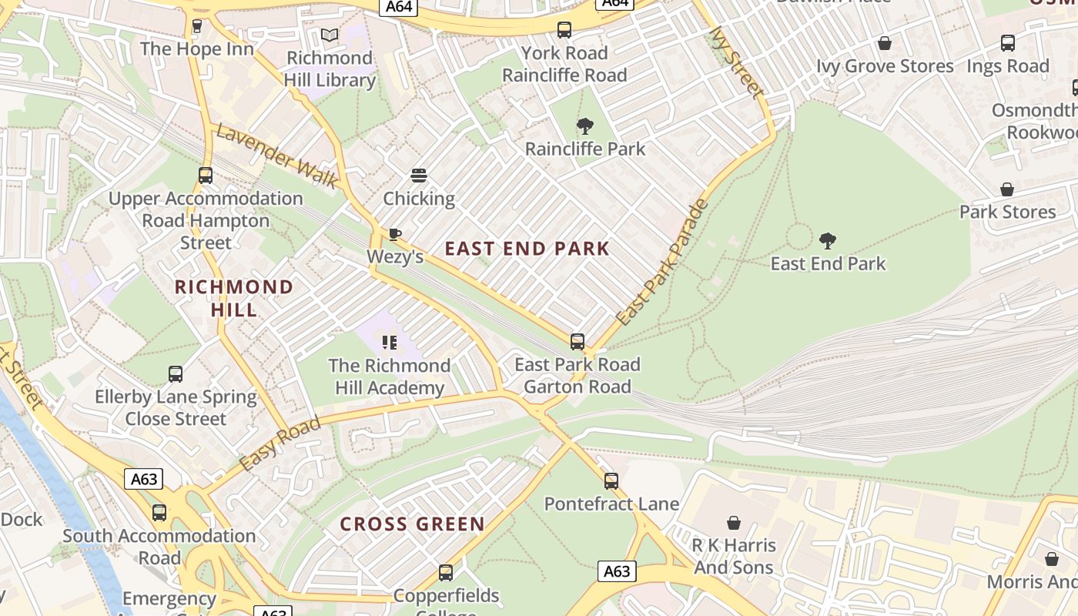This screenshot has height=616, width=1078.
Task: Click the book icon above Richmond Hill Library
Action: (330, 35)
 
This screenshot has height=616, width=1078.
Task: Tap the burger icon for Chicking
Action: (419, 176)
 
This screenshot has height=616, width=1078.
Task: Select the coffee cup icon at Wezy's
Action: (395, 234)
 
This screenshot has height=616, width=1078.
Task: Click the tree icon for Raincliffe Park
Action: (585, 126)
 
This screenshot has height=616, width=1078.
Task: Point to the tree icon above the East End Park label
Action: (828, 241)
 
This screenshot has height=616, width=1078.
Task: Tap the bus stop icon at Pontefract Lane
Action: (611, 481)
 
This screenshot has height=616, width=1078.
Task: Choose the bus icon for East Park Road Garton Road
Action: (577, 342)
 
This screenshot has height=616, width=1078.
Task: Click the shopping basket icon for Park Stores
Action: (1006, 189)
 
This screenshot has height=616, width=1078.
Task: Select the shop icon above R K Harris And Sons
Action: (734, 523)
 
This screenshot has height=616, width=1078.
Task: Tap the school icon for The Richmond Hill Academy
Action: (390, 343)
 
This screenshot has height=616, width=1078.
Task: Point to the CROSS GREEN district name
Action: (413, 524)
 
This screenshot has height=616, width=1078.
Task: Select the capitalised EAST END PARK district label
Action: (527, 249)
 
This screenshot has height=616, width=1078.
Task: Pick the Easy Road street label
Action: (280, 445)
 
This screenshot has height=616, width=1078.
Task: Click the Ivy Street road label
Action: (736, 62)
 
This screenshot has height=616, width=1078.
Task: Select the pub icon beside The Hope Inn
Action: (197, 26)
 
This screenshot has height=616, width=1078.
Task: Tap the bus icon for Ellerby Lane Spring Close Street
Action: (176, 375)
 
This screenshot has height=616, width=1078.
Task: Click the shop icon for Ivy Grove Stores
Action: (885, 44)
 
